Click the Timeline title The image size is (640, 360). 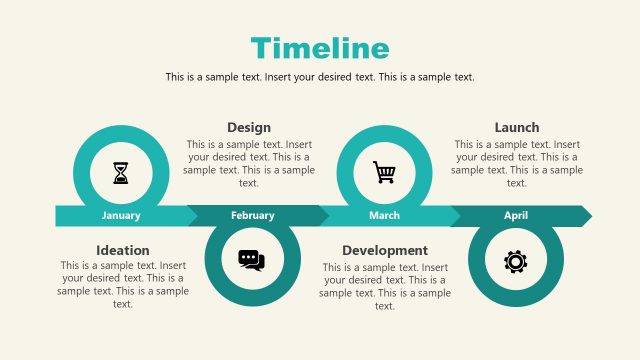[320, 47]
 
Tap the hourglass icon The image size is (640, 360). [121, 173]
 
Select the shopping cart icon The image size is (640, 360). [384, 172]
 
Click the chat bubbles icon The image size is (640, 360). [252, 260]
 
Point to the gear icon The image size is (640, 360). [515, 261]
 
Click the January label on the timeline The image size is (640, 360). [121, 215]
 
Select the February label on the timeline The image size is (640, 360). [252, 215]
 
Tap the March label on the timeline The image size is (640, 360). [384, 215]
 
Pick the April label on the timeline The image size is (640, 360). [516, 215]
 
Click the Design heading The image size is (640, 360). [249, 127]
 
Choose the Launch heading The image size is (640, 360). [517, 127]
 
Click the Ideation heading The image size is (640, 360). [123, 250]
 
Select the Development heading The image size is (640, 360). [385, 250]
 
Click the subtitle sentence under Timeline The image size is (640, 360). [320, 77]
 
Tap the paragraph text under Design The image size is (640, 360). [249, 163]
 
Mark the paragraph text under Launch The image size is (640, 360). [517, 163]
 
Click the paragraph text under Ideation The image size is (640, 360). [123, 284]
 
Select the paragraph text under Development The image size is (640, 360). [385, 286]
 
